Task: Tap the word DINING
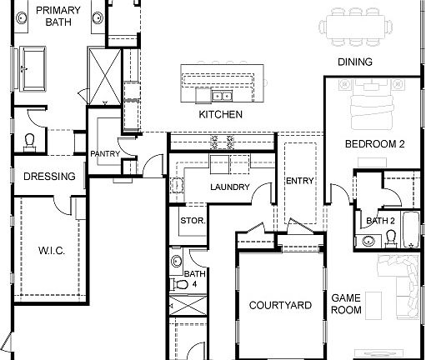point(354,62)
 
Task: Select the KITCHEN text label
point(220,114)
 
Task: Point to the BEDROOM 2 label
point(374,144)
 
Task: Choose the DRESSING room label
point(49,177)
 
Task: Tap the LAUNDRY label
point(229,187)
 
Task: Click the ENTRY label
point(298,181)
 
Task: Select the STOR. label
point(192,221)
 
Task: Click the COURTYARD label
point(280,306)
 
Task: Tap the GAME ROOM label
point(346,303)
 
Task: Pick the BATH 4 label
point(194,278)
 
